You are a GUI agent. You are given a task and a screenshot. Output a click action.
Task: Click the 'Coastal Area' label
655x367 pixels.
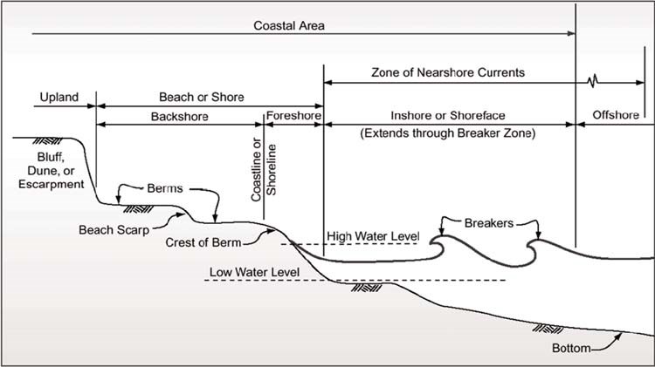(289, 25)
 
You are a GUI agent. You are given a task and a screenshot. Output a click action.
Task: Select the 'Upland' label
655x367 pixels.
(59, 97)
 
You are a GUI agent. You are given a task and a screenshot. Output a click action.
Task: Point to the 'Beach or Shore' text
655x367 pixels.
(202, 97)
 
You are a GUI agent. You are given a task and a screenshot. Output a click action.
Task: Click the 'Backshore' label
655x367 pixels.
(179, 116)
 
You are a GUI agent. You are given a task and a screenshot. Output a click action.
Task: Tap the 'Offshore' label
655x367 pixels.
(615, 116)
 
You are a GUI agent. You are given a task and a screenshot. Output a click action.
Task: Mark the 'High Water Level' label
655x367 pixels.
(373, 236)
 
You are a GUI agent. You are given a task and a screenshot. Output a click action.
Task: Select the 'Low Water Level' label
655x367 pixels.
(254, 272)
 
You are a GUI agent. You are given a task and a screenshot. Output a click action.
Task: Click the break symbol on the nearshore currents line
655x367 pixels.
(594, 83)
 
